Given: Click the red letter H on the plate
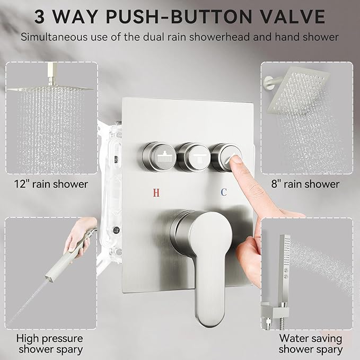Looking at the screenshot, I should pyautogui.click(x=156, y=192).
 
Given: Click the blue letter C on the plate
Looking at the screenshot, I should pyautogui.click(x=224, y=192).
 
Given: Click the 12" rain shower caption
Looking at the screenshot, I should pyautogui.click(x=52, y=185).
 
